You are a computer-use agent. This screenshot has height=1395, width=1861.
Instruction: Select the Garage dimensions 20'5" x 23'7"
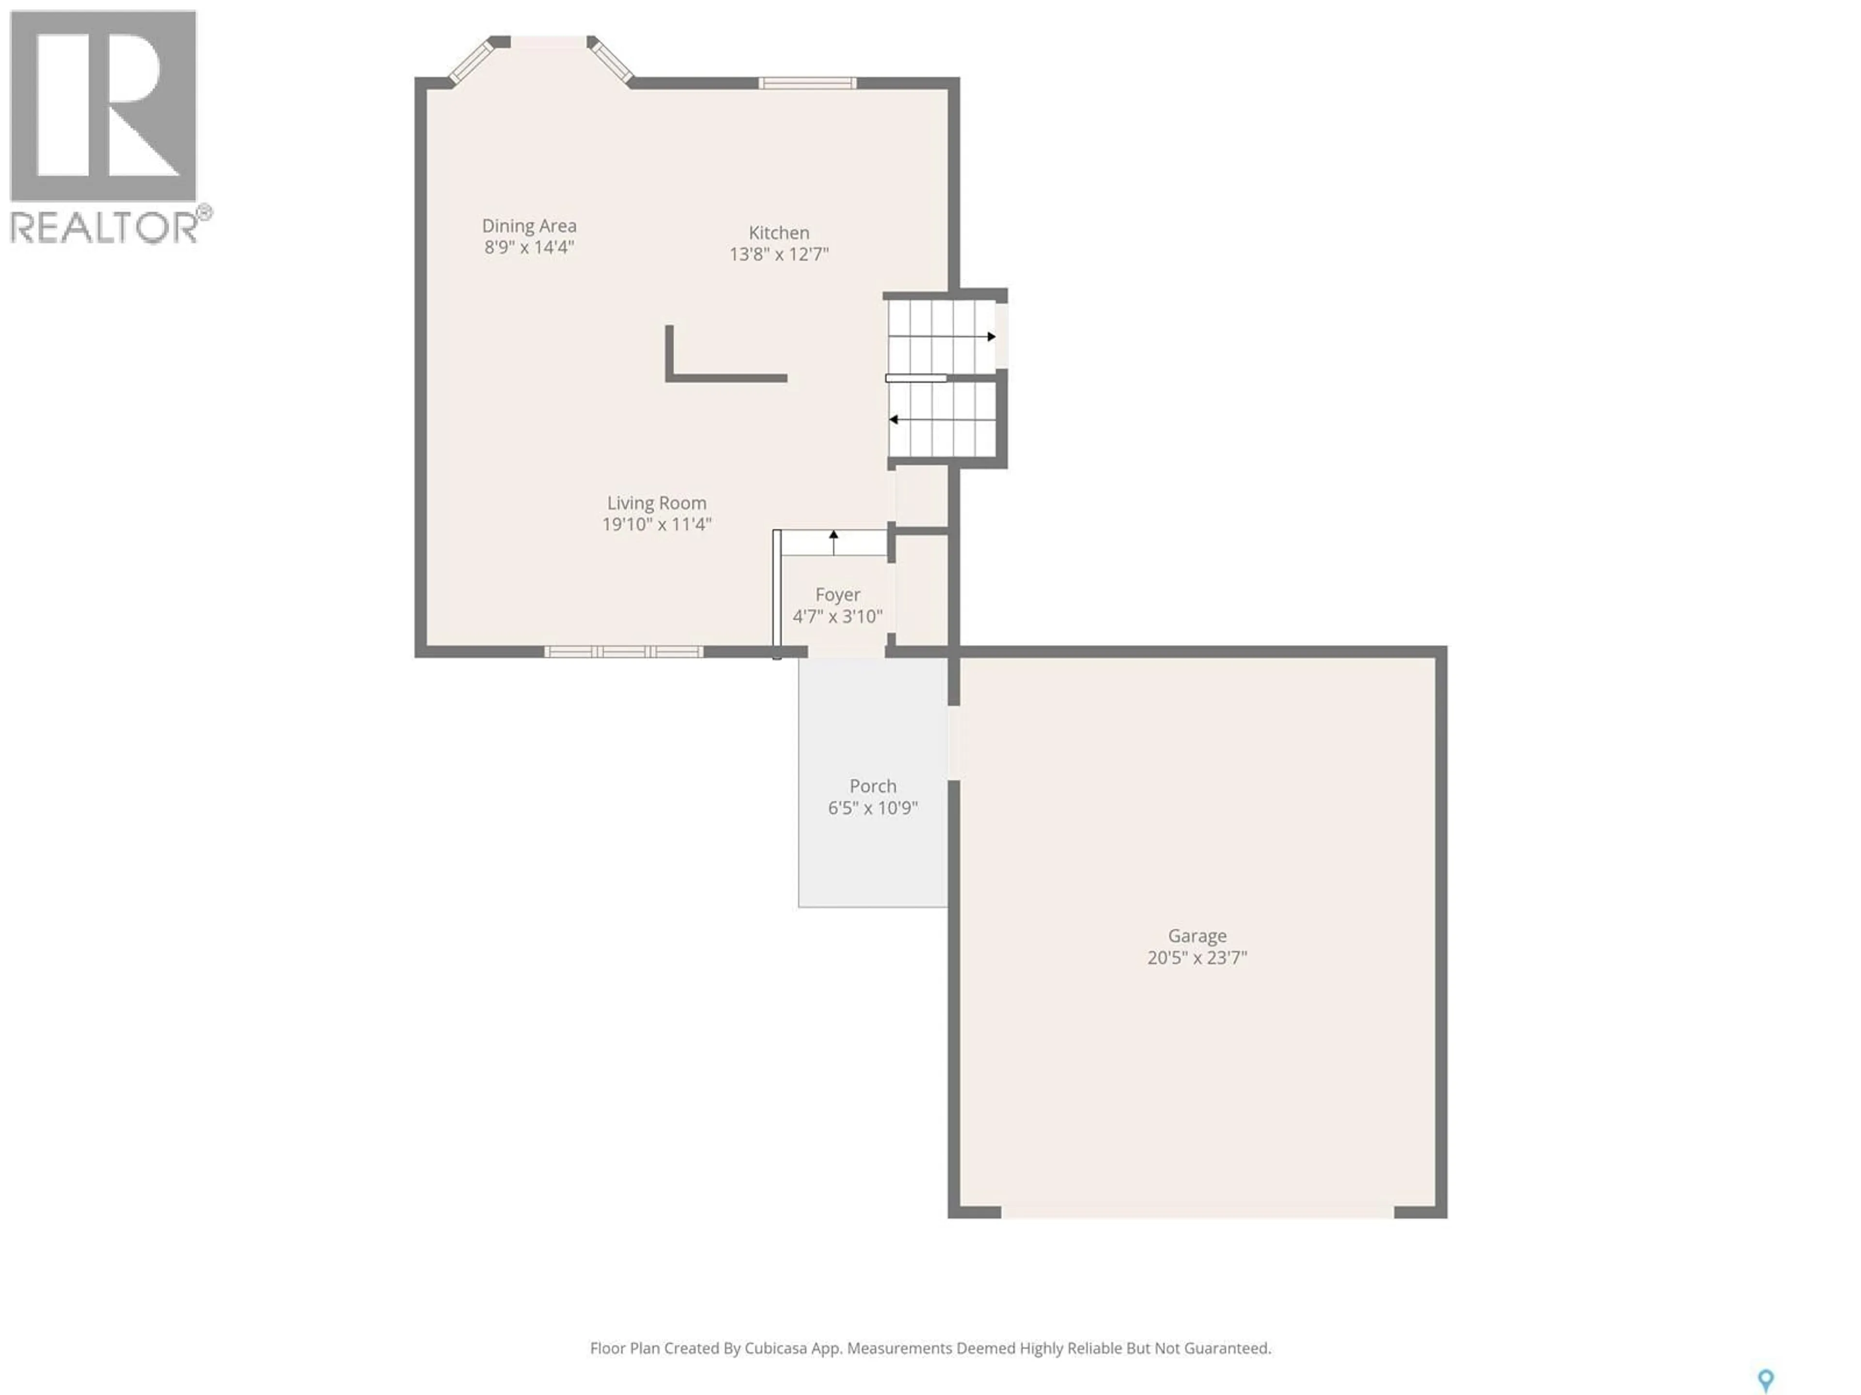1197,958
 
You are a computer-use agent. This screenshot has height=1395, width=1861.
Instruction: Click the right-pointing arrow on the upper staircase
991,336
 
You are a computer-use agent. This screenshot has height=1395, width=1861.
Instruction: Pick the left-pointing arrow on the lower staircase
894,419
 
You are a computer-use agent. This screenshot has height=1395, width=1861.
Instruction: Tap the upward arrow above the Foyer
834,535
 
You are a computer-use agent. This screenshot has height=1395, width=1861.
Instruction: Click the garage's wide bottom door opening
1197,1212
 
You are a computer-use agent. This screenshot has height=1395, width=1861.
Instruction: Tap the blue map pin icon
1766,1380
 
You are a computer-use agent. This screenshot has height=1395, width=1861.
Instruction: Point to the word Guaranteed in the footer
1227,1348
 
